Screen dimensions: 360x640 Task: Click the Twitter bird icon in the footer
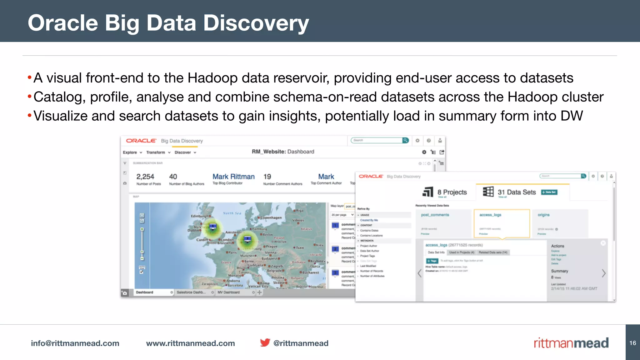coord(265,342)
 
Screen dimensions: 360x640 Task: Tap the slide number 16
coord(632,343)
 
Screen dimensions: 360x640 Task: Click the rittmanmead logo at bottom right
coord(571,343)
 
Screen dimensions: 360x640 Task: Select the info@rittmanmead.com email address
coord(75,343)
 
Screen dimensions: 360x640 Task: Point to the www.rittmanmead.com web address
coord(190,343)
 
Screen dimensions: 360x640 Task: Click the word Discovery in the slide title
coord(256,23)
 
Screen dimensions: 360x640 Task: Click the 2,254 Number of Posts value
coord(145,177)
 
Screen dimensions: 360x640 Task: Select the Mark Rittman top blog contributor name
coord(233,177)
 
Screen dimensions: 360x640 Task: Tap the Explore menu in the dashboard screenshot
coord(130,152)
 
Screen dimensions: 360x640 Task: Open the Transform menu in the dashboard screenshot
coord(156,152)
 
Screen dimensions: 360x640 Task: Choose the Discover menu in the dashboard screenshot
coord(183,152)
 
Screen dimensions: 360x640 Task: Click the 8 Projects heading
coord(452,192)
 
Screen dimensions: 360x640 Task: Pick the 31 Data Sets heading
coord(517,192)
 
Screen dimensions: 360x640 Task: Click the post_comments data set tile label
coord(435,215)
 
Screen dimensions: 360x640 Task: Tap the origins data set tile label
coord(543,215)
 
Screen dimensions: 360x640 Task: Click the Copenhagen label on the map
coord(271,217)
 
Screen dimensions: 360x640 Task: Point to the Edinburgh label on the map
coord(200,216)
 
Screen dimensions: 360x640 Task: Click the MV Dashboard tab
coord(228,292)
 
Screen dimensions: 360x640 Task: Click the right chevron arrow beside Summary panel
coord(603,273)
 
